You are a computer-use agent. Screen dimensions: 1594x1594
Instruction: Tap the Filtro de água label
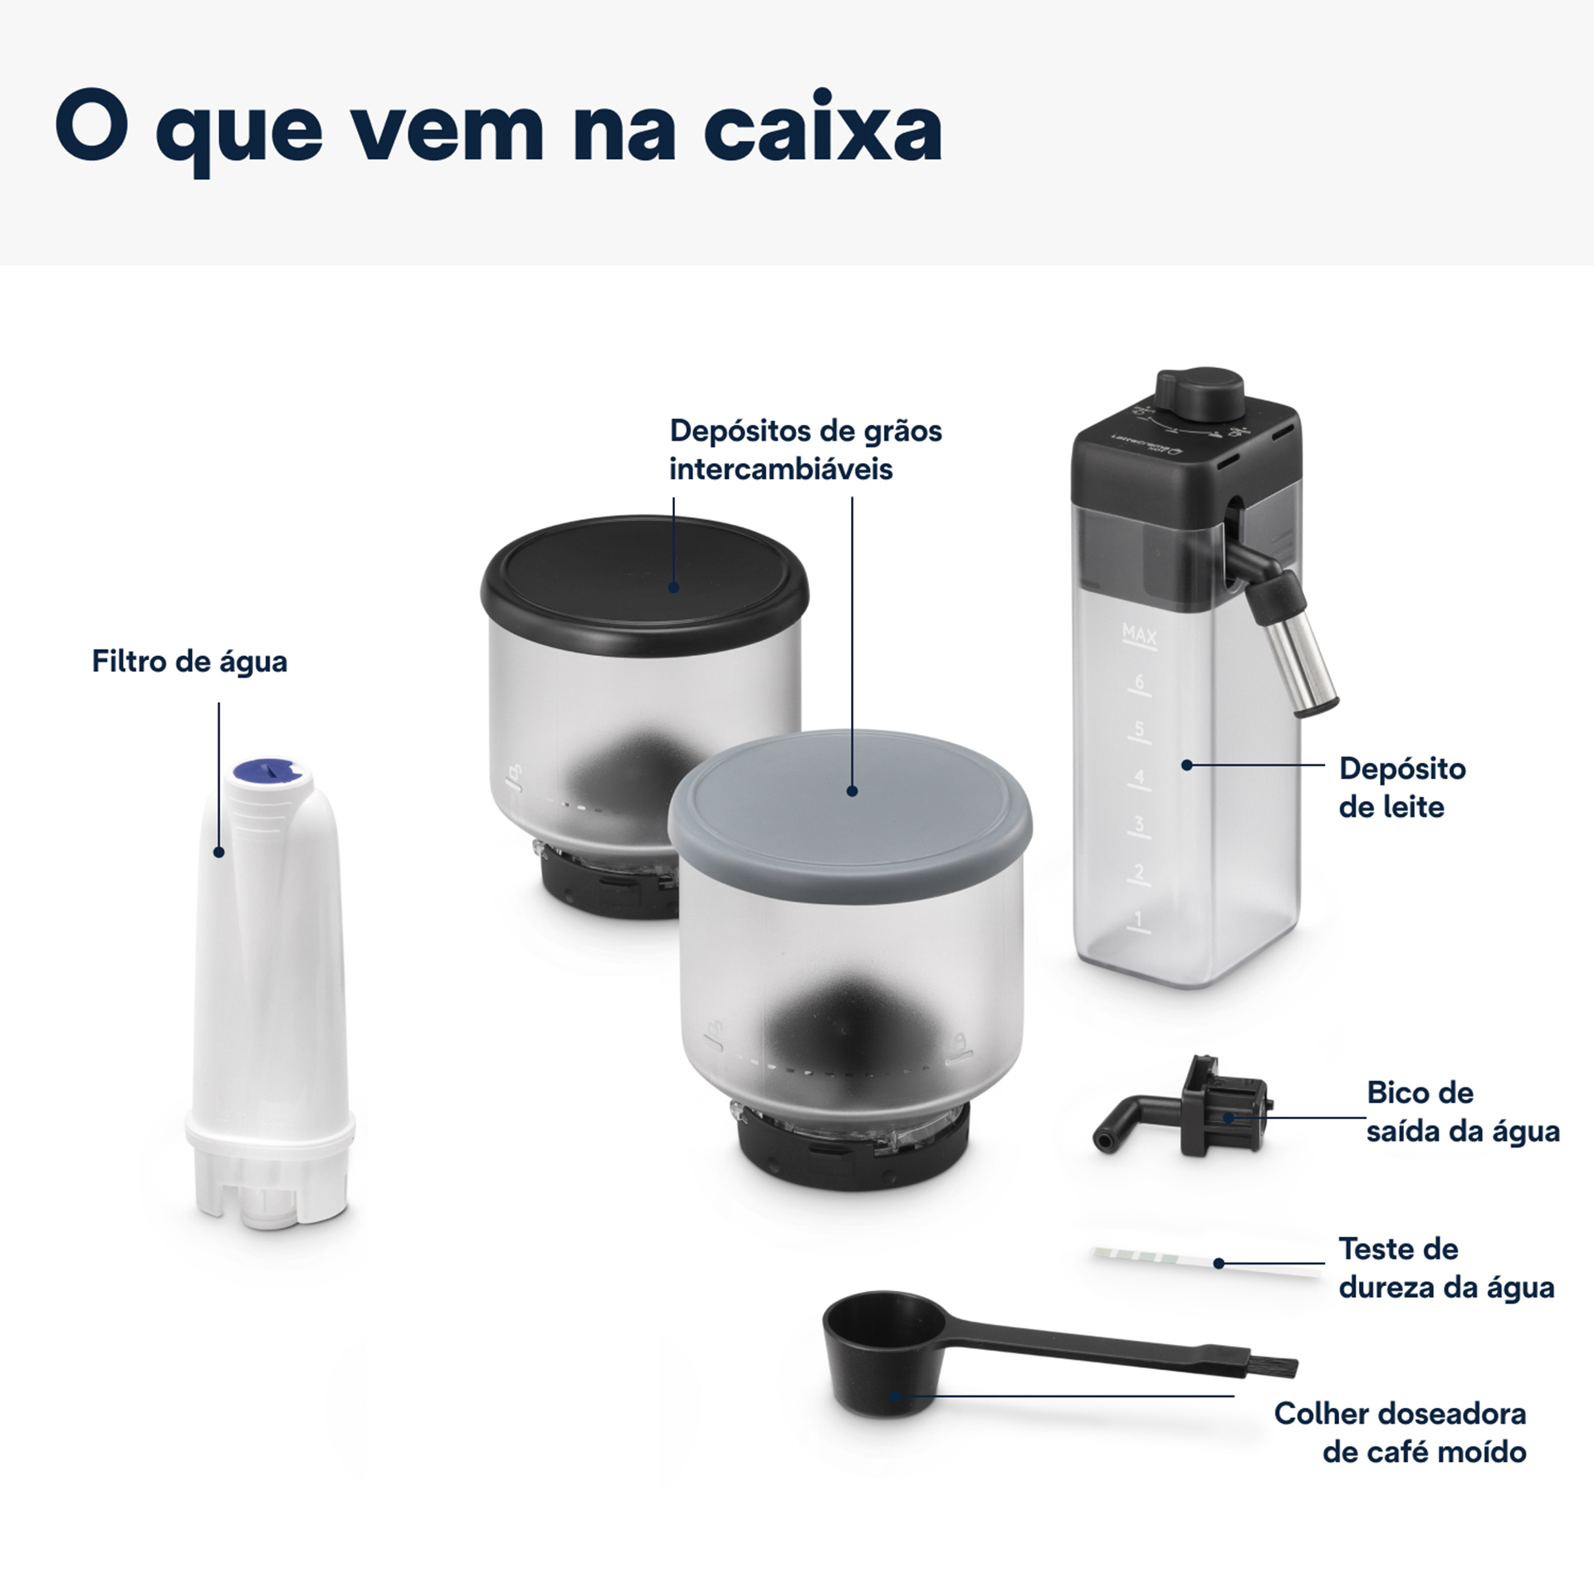point(189,662)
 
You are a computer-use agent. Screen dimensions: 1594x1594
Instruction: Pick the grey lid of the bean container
point(850,789)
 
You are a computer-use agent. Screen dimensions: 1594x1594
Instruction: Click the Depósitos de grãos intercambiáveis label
point(804,449)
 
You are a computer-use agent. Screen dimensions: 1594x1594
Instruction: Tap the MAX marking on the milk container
point(1138,635)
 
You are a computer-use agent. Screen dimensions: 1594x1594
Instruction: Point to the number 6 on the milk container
point(1138,682)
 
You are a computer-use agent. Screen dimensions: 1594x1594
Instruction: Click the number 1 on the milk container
point(1138,919)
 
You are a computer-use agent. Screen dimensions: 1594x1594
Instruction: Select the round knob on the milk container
point(1200,389)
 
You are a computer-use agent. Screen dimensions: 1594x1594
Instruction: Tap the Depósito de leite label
point(1401,787)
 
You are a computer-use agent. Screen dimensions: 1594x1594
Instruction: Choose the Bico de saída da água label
point(1462,1112)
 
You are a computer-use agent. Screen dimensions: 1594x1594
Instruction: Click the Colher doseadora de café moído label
point(1400,1433)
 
